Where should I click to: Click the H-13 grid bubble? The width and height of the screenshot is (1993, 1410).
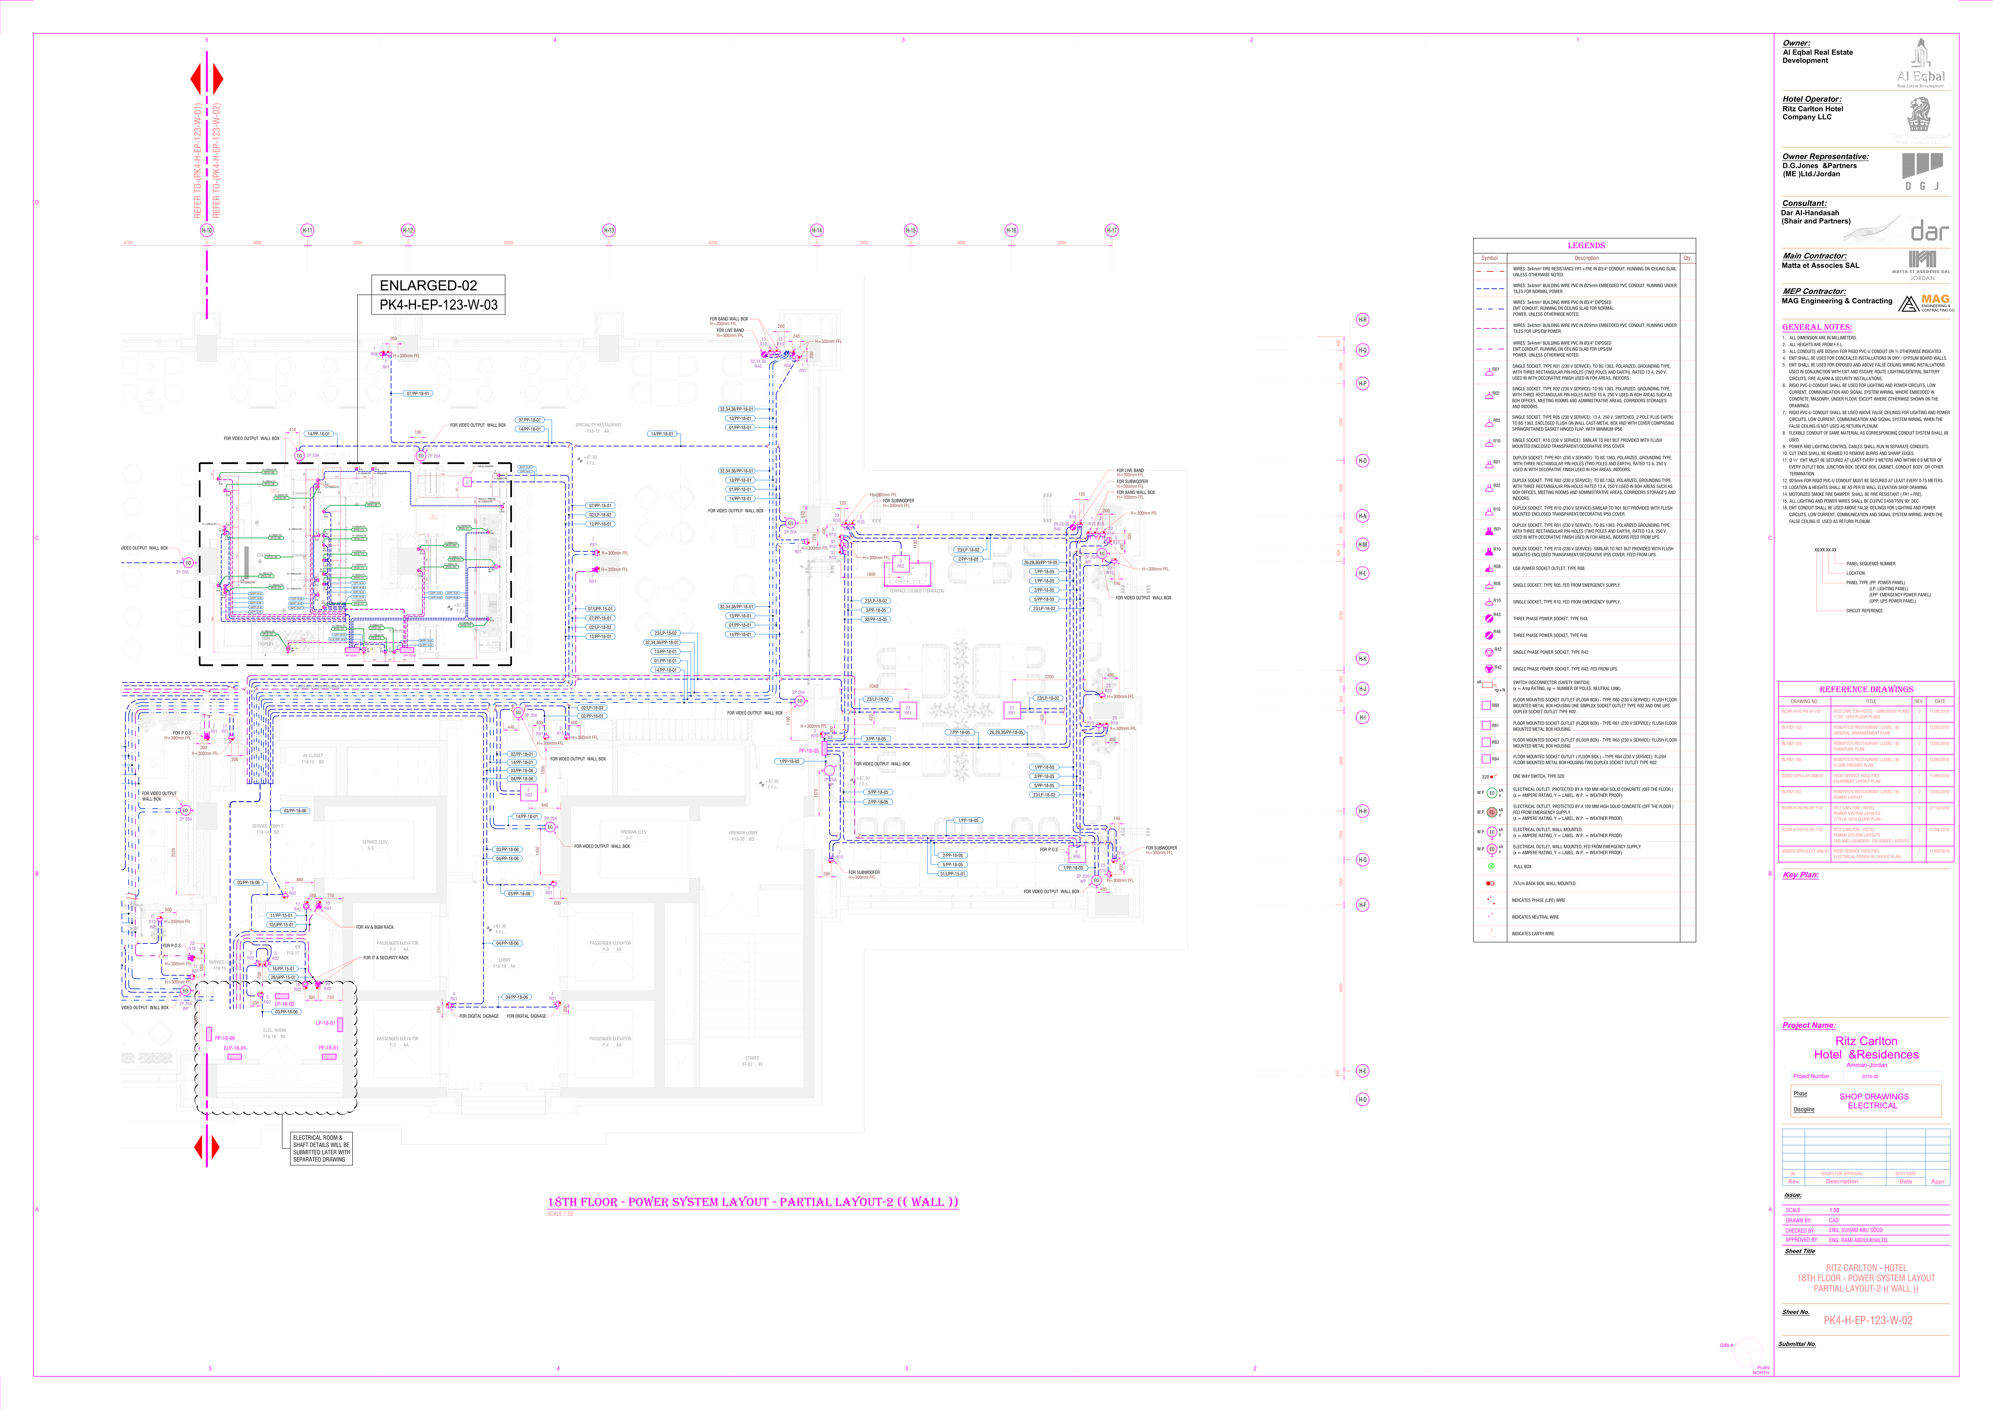coord(608,230)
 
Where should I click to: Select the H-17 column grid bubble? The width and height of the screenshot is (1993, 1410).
coord(1112,230)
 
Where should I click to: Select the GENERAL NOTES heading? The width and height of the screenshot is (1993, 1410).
coord(1817,327)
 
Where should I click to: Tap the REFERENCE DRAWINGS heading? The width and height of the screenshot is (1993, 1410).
coord(1866,689)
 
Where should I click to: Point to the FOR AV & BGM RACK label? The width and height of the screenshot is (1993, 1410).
coord(375,927)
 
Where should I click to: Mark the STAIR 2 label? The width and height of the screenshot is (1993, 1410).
coord(752,1061)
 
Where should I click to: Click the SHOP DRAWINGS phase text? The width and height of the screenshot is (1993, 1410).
coord(1873,1097)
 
